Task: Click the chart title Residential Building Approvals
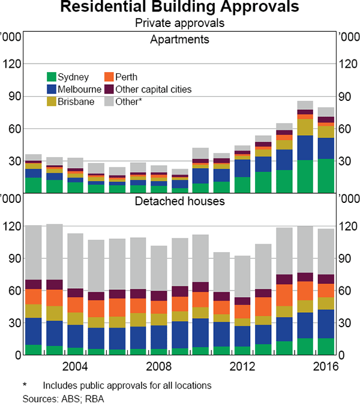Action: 179,8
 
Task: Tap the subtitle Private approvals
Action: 179,23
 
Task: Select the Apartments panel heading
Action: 179,40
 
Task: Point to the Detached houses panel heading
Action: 179,200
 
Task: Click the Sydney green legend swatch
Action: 52,77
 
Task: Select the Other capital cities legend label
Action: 155,89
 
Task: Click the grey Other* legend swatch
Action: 109,101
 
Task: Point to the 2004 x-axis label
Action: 75,367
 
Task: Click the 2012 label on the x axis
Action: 241,367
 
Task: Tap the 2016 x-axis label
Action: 325,367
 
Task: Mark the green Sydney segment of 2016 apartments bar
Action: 325,176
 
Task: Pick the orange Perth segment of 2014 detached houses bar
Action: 284,295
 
